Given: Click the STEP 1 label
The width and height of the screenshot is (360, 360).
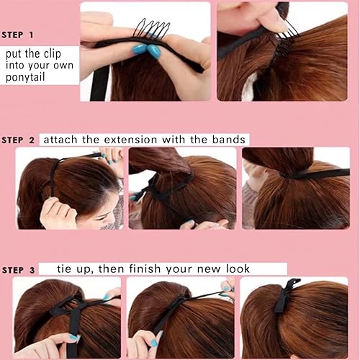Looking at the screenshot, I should pos(22,35).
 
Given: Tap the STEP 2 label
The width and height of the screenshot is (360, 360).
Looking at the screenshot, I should pos(22,140).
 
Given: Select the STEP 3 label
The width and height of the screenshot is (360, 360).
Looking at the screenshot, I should pos(22,270).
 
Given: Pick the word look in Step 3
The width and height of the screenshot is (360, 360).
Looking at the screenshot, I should pos(237,269).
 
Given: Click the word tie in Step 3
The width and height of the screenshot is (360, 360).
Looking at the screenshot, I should pos(67,269).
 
